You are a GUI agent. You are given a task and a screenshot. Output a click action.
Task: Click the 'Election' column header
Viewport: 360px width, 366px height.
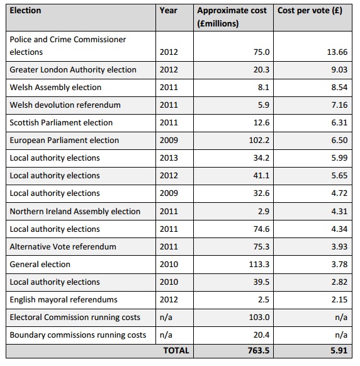25,11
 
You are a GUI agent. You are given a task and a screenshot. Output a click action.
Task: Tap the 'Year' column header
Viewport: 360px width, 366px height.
168,11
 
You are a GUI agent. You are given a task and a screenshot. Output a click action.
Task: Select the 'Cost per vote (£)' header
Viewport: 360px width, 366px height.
310,11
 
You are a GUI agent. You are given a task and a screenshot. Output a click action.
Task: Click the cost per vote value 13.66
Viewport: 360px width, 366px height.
337,52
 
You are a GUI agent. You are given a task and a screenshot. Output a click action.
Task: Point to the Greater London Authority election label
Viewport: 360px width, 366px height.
73,70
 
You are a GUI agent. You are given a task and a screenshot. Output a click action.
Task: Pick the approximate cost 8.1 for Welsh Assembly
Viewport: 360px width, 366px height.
264,88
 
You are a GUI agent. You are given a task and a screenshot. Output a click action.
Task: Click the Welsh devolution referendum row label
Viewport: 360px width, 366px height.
65,105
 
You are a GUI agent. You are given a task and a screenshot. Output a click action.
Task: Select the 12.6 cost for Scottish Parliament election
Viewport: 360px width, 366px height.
261,123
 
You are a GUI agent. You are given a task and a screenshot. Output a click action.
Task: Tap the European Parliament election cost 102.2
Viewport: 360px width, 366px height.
259,140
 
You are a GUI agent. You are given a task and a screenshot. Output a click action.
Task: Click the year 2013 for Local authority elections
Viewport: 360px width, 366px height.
169,158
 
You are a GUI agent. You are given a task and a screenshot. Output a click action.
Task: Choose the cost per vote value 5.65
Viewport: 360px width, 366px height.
339,176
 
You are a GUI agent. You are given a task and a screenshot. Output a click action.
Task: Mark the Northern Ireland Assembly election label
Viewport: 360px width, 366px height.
75,212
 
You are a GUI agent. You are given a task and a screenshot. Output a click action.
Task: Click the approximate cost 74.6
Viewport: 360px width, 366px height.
261,229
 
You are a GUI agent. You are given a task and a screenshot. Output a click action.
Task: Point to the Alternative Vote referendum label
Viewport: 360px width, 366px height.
63,247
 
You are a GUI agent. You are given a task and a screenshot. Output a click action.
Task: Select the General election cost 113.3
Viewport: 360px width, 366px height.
259,265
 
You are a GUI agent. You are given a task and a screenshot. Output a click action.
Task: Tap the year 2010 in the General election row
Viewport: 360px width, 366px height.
169,265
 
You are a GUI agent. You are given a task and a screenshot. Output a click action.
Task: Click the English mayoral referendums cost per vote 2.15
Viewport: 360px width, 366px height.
339,300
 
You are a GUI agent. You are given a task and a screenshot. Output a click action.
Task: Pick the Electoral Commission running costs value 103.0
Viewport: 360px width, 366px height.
259,317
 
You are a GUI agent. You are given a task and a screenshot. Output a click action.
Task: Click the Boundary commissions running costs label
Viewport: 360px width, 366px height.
78,335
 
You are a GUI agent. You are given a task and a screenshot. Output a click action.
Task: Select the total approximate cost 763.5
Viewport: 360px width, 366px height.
259,351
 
